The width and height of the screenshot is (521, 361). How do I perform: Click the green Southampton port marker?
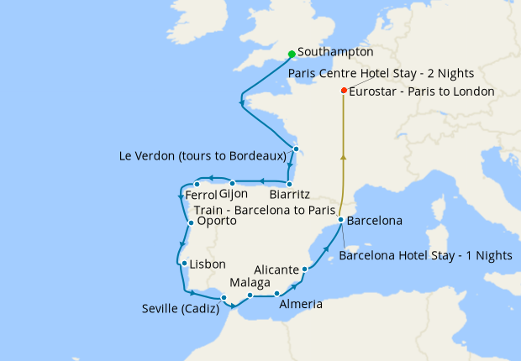(x=291, y=55)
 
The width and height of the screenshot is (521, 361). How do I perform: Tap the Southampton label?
(x=335, y=51)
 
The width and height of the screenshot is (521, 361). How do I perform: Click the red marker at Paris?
(x=344, y=91)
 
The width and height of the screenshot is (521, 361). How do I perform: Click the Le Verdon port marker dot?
(x=296, y=149)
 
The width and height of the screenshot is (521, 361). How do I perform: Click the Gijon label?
(x=233, y=195)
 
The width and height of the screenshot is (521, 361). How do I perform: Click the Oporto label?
(x=216, y=222)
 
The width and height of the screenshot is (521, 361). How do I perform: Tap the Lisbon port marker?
(x=183, y=264)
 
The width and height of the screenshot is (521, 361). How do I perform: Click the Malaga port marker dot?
(x=250, y=295)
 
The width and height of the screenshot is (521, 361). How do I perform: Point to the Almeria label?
(x=300, y=304)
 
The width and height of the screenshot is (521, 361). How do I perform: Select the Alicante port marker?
(x=305, y=269)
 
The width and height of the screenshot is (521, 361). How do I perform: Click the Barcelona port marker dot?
(x=339, y=221)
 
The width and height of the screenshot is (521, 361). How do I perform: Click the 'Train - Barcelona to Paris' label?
(x=264, y=209)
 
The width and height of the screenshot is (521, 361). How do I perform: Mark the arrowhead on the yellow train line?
(x=343, y=156)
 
